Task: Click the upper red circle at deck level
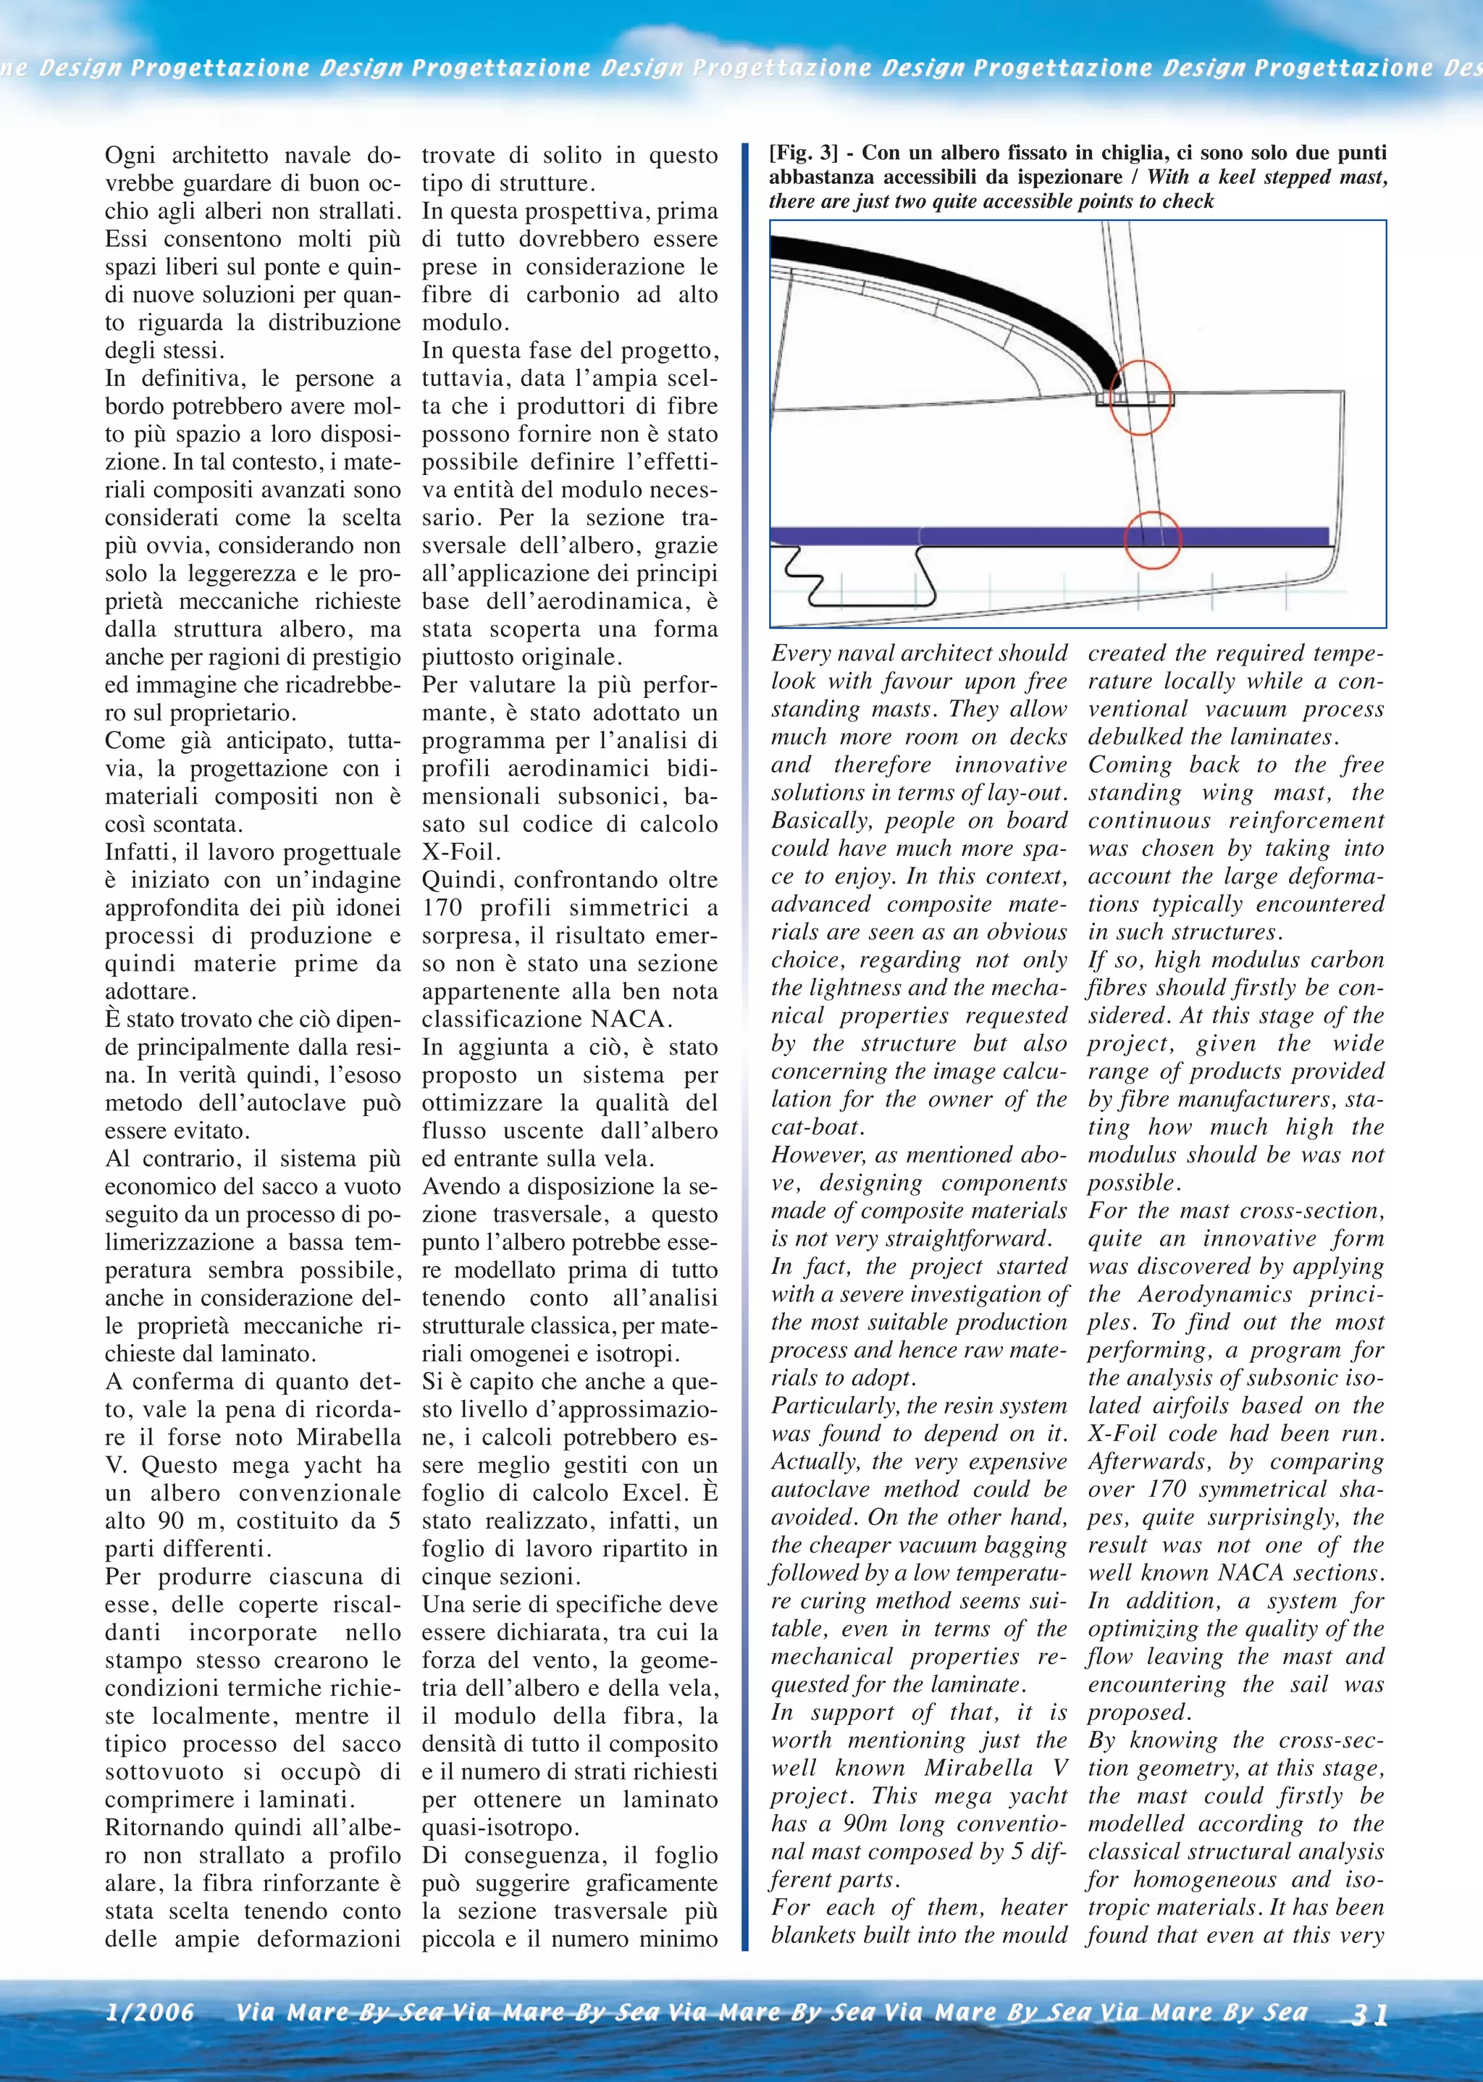1140,398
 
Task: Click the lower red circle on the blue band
1151,539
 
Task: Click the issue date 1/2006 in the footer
150,2012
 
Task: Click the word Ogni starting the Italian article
130,155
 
